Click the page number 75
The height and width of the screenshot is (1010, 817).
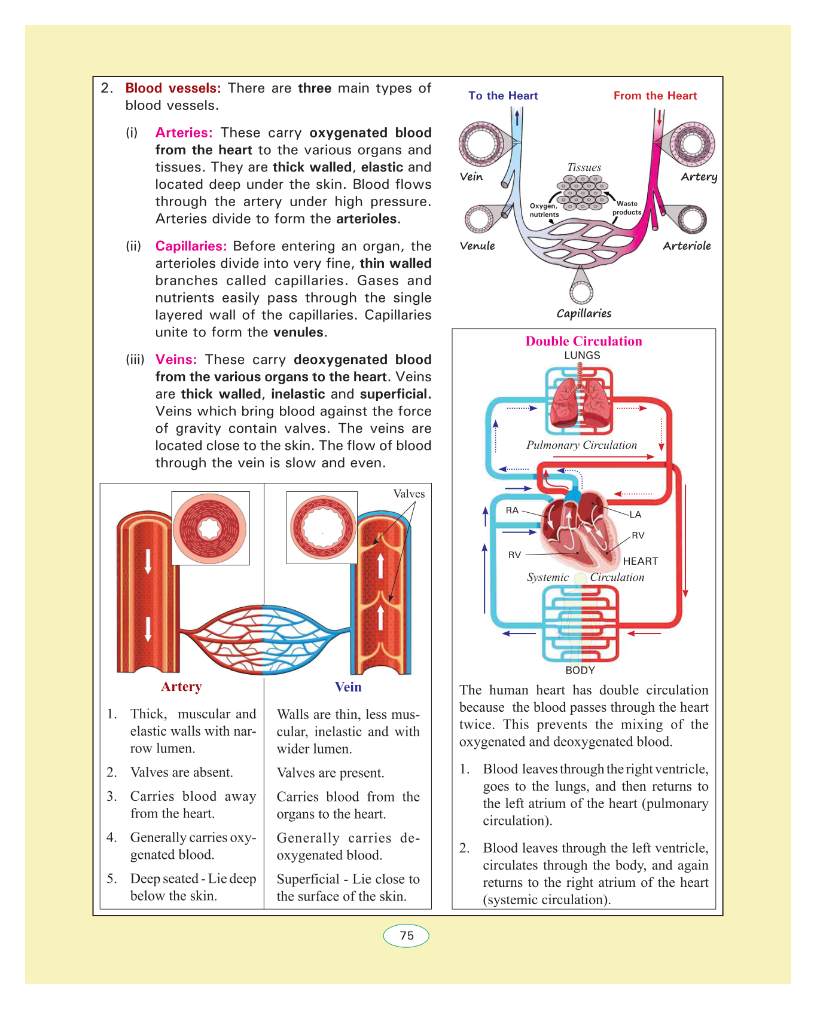407,935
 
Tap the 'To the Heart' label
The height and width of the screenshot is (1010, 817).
503,96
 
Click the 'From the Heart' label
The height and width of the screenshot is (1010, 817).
655,96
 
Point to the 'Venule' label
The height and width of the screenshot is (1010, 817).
477,246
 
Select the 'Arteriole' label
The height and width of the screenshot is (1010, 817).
687,246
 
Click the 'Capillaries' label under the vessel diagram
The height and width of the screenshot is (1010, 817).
584,313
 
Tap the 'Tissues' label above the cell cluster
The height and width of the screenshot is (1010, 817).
584,167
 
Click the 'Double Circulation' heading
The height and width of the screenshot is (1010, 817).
584,341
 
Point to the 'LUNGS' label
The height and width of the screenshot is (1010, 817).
582,355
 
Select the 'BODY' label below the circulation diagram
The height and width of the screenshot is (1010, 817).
580,670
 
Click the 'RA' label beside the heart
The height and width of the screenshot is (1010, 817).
512,510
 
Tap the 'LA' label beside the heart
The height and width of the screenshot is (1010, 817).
635,515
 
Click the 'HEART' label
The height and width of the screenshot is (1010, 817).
641,561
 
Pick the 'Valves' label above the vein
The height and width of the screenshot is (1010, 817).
409,494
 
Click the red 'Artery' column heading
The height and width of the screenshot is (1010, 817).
181,687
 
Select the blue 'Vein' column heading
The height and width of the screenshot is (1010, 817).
348,687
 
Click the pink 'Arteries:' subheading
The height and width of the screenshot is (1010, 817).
184,133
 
